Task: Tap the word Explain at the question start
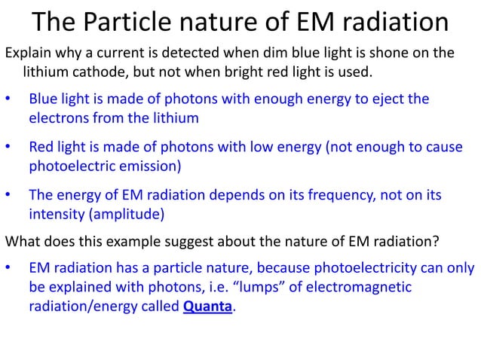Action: (x=28, y=53)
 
